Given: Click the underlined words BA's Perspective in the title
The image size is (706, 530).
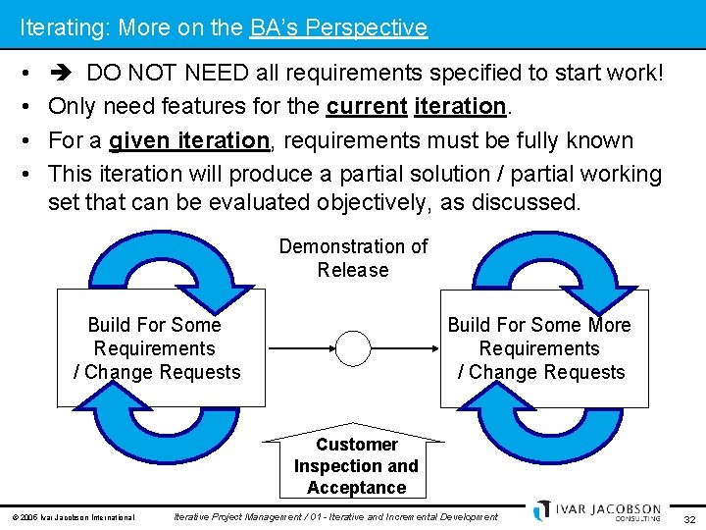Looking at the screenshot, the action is pos(338,27).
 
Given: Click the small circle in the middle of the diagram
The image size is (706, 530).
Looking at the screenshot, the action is pos(353,348).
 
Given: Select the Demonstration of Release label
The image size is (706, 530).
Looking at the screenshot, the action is pos(353,258).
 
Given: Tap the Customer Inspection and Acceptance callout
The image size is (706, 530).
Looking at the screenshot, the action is pos(356,465).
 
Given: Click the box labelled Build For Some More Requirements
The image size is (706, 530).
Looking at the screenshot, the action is pos(543,348).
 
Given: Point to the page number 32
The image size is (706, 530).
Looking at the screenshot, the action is pos(689,518).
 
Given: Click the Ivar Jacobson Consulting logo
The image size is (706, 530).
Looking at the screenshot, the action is pos(598,511).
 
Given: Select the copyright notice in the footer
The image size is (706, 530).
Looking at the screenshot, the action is pos(74,517).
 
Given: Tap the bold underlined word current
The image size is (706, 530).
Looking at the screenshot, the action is pos(366,106).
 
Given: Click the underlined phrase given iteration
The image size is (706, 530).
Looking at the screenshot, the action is pos(188,140).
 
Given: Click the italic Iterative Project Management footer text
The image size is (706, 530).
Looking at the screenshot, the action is pos(335,517).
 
